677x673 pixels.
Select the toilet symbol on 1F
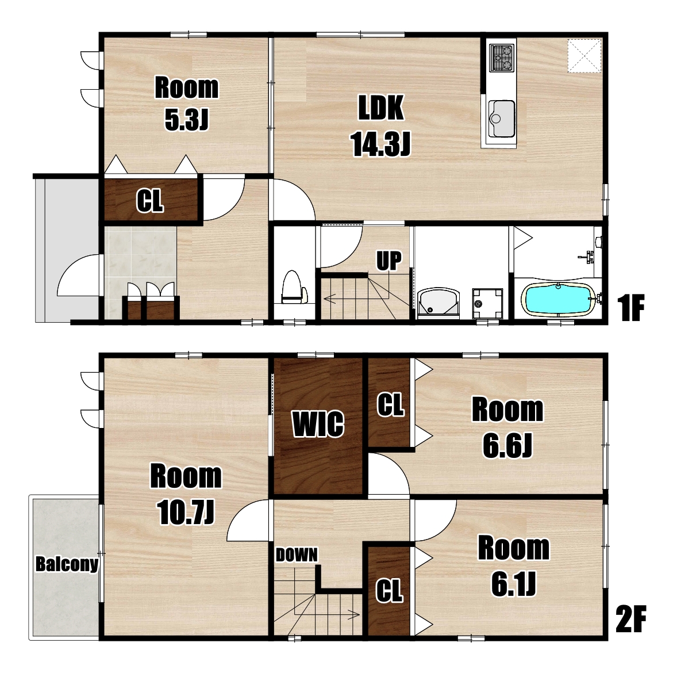click(x=294, y=288)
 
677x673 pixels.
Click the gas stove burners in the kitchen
click(x=502, y=58)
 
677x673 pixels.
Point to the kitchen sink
click(x=501, y=117)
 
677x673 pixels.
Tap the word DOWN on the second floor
click(x=297, y=555)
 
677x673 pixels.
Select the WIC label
click(x=318, y=424)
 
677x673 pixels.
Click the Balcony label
click(x=67, y=564)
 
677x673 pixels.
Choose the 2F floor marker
click(x=631, y=620)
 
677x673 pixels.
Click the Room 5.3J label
click(x=187, y=104)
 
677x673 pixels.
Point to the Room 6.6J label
click(x=507, y=428)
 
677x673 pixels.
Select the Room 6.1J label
click(x=514, y=566)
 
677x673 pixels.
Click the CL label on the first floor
click(x=150, y=201)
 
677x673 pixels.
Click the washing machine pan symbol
click(x=487, y=303)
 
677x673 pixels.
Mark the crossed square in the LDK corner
click(x=584, y=55)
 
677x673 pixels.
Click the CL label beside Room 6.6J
click(x=391, y=404)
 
